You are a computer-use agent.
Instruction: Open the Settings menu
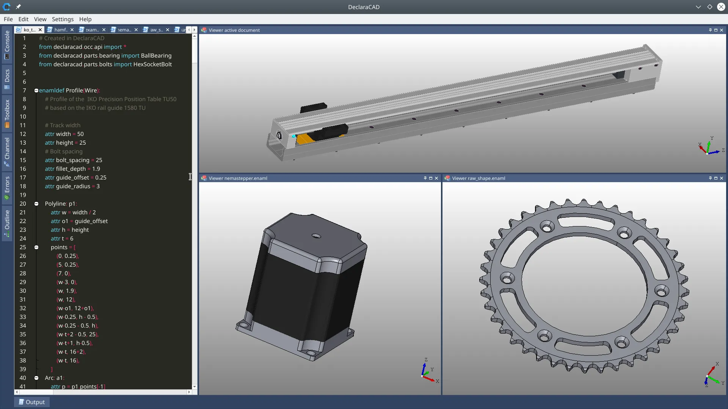pos(63,19)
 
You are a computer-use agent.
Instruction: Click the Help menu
pos(85,19)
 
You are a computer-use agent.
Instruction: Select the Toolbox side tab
pos(7,113)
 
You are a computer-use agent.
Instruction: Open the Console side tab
pos(7,45)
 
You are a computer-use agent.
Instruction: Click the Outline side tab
pos(7,223)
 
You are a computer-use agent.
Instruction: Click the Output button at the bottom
pos(32,402)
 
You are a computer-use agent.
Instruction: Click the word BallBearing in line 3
pos(156,56)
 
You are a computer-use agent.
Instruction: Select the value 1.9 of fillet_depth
pos(96,169)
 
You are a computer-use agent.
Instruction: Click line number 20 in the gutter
pos(23,204)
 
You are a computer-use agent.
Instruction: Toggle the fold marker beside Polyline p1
pos(36,204)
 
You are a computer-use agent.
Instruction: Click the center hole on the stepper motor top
pos(316,236)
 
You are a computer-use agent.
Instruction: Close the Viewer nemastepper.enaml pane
pos(436,178)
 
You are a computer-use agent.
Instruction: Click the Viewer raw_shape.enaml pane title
pos(479,178)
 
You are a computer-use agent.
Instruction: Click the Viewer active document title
pos(234,30)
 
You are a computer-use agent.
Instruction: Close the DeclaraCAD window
pos(721,7)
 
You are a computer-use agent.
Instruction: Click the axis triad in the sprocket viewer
pos(712,375)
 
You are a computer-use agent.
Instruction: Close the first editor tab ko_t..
pos(40,30)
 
